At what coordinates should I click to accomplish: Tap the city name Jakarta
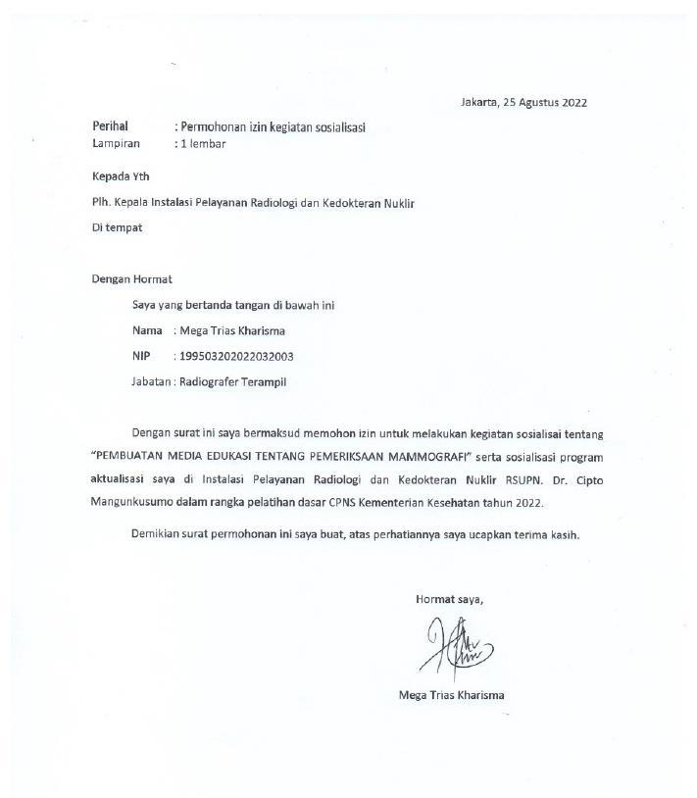pos(478,102)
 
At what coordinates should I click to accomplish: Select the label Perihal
pos(110,126)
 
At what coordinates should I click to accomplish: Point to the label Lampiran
pos(116,143)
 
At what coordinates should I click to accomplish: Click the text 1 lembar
pos(202,143)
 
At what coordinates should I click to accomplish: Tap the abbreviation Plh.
pos(101,203)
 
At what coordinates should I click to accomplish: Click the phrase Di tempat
pos(117,227)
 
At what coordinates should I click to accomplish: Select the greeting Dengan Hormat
pos(131,279)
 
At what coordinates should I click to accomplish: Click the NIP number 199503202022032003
pos(237,357)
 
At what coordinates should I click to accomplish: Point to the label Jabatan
pos(151,382)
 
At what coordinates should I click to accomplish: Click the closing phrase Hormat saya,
pos(450,598)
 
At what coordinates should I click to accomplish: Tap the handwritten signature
pos(456,647)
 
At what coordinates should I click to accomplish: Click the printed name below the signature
pos(452,695)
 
